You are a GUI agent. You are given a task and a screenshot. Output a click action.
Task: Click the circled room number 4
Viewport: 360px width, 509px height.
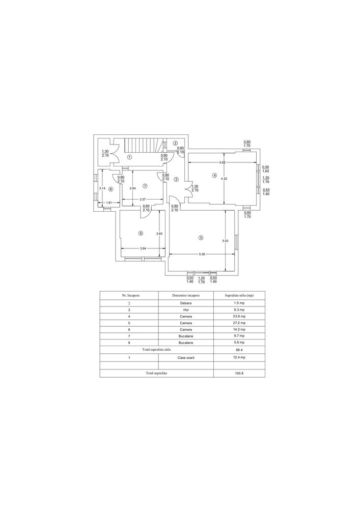[x=214, y=176]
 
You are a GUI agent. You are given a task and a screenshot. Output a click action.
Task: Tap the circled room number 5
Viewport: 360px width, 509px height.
[x=201, y=238]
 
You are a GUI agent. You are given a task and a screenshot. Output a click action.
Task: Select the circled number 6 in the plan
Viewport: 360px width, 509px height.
[x=141, y=233]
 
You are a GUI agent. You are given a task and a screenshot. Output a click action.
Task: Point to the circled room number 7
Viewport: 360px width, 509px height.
[x=145, y=186]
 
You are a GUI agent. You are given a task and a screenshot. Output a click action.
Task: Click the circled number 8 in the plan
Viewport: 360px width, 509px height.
[x=111, y=189]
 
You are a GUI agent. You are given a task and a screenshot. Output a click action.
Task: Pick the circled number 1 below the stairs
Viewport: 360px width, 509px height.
[x=129, y=157]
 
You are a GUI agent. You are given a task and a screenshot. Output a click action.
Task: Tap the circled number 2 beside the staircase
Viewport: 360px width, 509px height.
[x=175, y=143]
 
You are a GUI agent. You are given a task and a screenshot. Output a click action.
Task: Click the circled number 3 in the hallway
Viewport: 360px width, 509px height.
[x=176, y=179]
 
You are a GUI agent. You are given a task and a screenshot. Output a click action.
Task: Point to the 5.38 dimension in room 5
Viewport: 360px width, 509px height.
[x=201, y=254]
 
